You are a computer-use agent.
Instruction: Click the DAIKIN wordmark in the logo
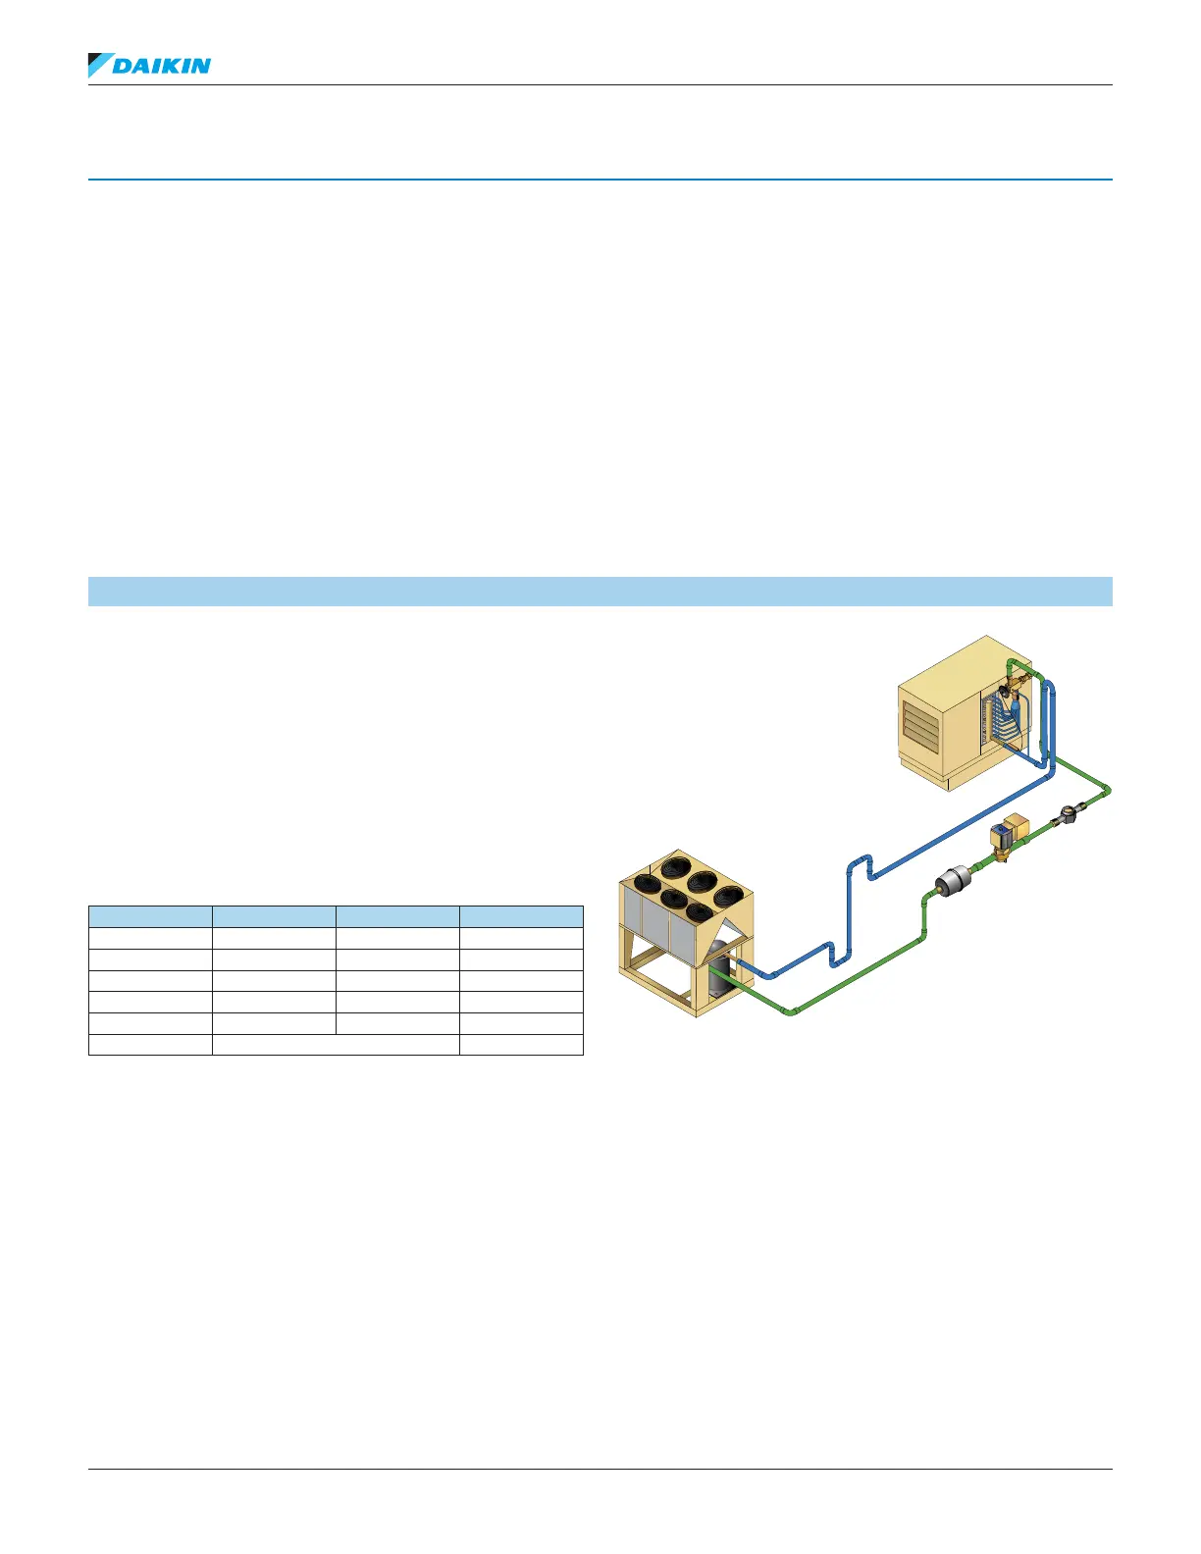[162, 66]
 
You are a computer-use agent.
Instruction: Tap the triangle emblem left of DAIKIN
[98, 65]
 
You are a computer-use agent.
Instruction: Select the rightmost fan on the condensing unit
[729, 895]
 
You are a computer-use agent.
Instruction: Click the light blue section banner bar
[600, 592]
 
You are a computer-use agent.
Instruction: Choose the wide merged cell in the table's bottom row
[336, 1045]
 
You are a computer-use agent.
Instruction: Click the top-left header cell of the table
[150, 916]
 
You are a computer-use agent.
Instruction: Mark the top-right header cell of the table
[521, 916]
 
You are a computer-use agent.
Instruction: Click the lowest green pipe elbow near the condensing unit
[792, 1010]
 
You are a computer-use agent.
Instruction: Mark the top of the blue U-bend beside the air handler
[1048, 684]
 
